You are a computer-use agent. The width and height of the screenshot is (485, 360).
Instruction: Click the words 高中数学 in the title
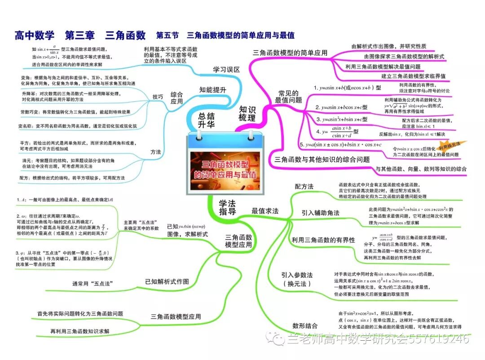tap(34, 35)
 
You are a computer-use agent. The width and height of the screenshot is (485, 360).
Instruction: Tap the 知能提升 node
tap(213, 90)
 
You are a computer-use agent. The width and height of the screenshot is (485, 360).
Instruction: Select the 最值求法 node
tap(265, 211)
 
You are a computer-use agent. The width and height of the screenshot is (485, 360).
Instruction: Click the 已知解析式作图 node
tap(167, 281)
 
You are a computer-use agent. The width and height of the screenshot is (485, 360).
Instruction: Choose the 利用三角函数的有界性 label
tap(323, 240)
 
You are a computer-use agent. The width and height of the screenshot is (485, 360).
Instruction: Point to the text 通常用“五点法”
tap(92, 284)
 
